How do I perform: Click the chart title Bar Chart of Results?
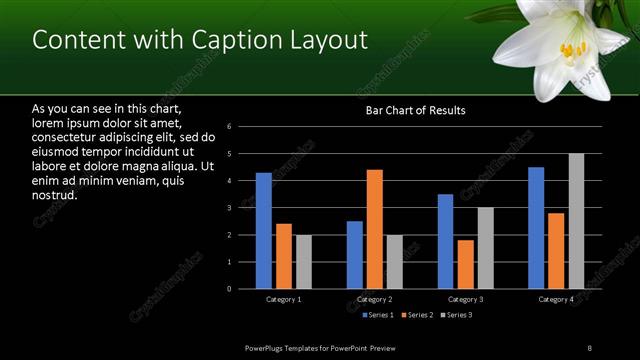tap(415, 110)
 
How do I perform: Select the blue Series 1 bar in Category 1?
tap(263, 231)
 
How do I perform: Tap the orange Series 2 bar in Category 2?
tap(375, 229)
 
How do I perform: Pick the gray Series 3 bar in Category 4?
tap(577, 221)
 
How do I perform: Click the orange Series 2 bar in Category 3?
tap(466, 264)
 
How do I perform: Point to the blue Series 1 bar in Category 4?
tap(536, 228)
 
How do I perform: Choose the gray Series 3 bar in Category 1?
tap(304, 262)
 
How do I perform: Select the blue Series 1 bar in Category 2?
tap(355, 255)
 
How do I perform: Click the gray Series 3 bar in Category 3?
tap(486, 248)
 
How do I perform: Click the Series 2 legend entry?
tap(418, 315)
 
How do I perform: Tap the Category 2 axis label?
tap(374, 299)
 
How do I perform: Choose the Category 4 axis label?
tap(556, 299)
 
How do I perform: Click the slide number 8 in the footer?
tap(590, 347)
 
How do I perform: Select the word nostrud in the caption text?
tap(55, 195)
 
